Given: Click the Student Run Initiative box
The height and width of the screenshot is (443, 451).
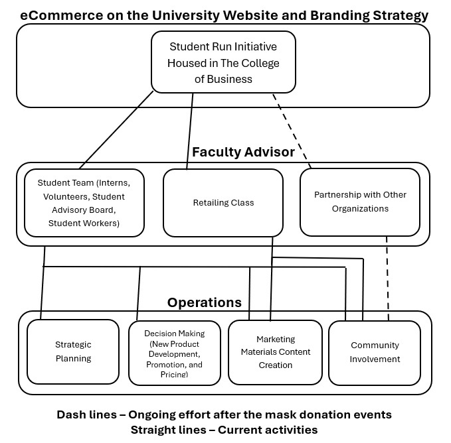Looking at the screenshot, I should (223, 63).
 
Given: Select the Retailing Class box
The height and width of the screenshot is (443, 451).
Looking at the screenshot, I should (223, 202).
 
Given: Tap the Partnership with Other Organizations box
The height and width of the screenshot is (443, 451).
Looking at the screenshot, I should (360, 202).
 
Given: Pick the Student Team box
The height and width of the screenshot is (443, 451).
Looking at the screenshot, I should (84, 202).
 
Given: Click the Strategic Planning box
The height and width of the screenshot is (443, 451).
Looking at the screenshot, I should (73, 351).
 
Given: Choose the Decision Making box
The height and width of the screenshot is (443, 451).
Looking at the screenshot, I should (175, 353).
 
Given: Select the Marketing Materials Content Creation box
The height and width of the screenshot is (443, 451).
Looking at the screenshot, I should (276, 352).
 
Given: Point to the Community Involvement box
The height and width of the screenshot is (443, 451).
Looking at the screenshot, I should (375, 352).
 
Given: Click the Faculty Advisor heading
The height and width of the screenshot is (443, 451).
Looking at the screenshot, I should (243, 153).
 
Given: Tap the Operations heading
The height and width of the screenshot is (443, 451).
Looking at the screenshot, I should (204, 302).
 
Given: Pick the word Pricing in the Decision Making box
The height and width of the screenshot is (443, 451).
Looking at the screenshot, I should (174, 375).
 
